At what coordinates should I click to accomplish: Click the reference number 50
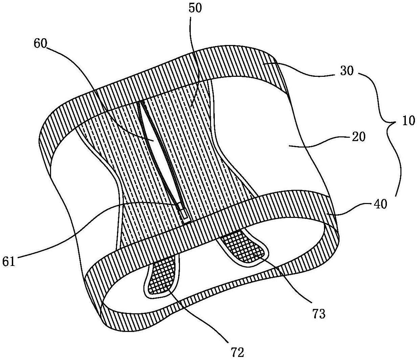(195, 8)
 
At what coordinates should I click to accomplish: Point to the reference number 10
(408, 121)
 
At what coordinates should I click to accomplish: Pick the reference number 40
(379, 204)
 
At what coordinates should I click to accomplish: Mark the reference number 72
(238, 352)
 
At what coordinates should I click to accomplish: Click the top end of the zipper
(142, 102)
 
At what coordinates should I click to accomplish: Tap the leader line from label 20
(325, 142)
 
